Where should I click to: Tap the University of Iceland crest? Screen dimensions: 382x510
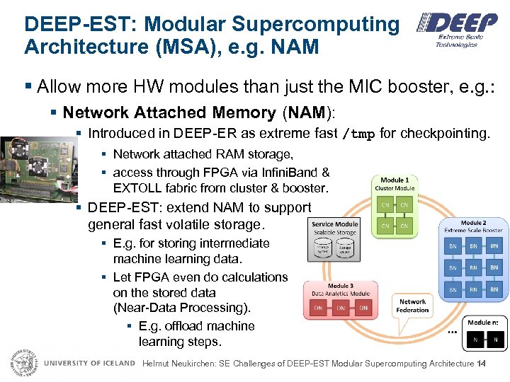pyautogui.click(x=23, y=364)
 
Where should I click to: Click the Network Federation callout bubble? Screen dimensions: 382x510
pyautogui.click(x=412, y=306)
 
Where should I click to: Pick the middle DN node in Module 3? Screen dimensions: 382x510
pyautogui.click(x=341, y=308)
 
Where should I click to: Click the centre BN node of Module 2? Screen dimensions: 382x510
pyautogui.click(x=473, y=268)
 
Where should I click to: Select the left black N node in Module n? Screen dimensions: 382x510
pyautogui.click(x=475, y=340)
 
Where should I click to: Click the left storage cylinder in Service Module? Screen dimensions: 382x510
pyautogui.click(x=324, y=248)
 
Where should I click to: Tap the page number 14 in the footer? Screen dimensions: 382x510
pyautogui.click(x=482, y=364)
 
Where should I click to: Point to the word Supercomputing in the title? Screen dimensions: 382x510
pyautogui.click(x=316, y=24)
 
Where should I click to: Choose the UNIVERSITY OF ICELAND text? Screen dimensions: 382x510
pyautogui.click(x=89, y=364)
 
